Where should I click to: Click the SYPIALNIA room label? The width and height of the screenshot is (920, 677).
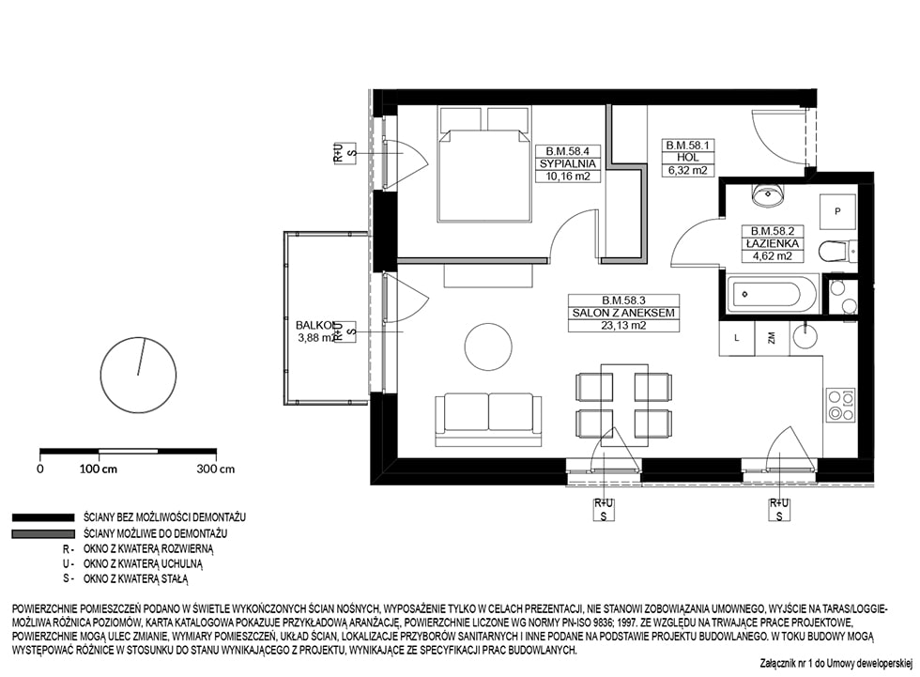click(567, 163)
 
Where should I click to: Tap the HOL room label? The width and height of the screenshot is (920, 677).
click(687, 157)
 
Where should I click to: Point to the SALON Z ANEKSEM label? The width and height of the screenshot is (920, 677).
click(623, 314)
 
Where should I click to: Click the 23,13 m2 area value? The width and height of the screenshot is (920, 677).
click(623, 326)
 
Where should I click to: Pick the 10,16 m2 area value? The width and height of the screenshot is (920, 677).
click(567, 176)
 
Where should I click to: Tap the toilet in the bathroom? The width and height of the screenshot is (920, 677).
click(839, 251)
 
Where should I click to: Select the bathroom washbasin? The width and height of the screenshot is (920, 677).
click(768, 193)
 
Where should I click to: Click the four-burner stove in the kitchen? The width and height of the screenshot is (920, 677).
click(841, 406)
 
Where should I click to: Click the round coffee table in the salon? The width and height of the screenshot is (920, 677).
click(487, 346)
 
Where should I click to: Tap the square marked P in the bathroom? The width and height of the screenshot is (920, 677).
click(837, 211)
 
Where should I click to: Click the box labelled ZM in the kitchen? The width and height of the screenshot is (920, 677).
click(772, 338)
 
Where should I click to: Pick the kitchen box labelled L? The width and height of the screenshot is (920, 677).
click(737, 338)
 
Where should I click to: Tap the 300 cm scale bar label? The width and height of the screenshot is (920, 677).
click(215, 469)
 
